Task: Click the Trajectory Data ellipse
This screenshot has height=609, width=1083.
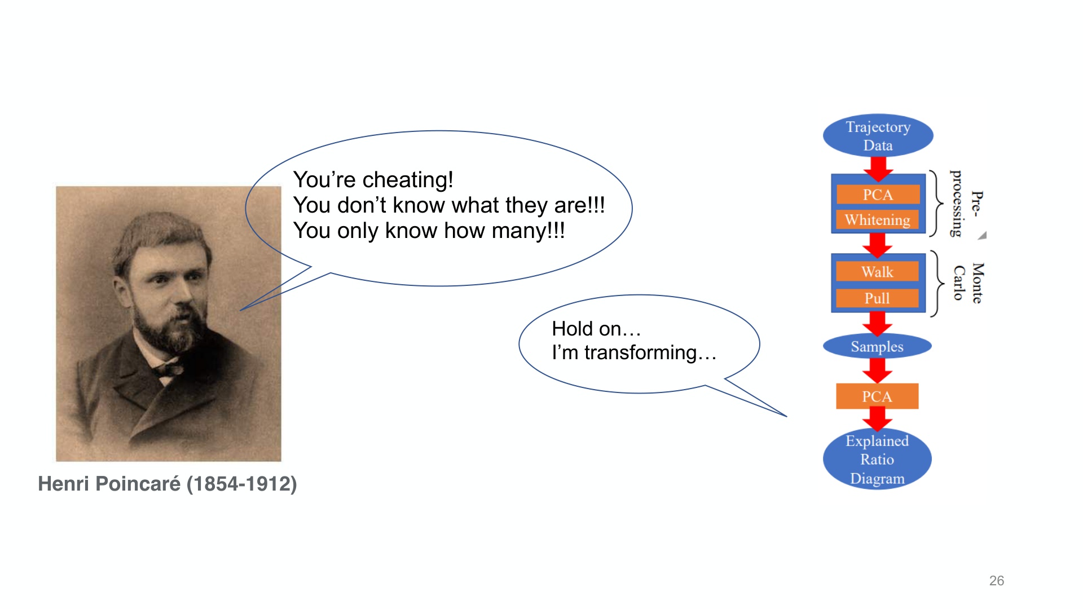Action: point(878,136)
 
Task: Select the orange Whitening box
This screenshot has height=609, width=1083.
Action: point(878,219)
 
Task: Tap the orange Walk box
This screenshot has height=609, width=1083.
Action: point(877,272)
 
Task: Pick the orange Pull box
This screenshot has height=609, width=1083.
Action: point(877,298)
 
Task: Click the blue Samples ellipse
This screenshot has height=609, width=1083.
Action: point(877,346)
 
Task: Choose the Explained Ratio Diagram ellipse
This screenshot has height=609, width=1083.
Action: point(877,459)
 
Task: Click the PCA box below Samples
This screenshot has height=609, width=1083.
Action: point(877,396)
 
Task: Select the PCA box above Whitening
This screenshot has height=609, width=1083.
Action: point(878,195)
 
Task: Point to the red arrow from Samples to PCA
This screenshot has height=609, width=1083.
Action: point(877,370)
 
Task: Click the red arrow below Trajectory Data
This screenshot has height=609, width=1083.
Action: point(878,169)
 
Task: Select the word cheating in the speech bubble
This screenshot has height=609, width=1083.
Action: point(408,180)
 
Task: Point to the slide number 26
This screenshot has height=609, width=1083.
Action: point(997,581)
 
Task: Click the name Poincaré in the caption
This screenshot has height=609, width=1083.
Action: point(138,484)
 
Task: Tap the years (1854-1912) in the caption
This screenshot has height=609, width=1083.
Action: point(242,484)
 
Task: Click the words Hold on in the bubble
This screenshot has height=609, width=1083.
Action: point(587,329)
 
